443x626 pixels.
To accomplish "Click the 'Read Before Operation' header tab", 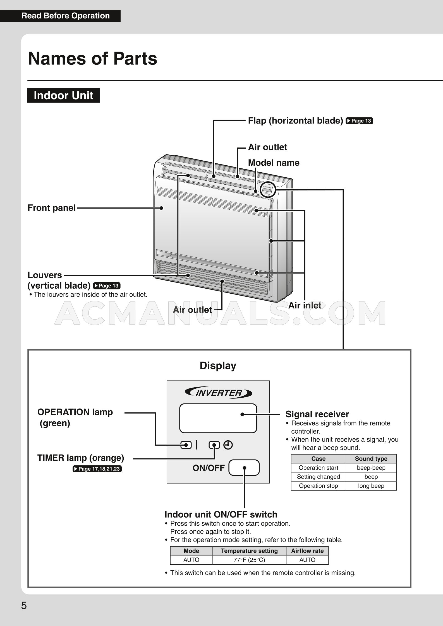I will [65, 16].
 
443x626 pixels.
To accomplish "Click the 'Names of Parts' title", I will [92, 59].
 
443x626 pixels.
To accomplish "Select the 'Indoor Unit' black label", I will [63, 95].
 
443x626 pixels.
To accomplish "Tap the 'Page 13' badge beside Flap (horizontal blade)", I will [359, 121].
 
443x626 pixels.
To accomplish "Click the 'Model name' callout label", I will [274, 163].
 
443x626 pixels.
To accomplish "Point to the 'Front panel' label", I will [51, 208].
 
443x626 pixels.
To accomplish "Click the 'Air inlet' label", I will [305, 305].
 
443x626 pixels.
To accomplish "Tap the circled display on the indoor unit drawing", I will [268, 190].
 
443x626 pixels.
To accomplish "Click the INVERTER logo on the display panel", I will [218, 393].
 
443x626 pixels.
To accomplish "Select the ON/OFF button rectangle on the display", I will [244, 468].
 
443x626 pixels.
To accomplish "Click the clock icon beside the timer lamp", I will [228, 445].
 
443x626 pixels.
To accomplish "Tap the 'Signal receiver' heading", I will [317, 414].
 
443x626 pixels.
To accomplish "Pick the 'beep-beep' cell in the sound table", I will [371, 468].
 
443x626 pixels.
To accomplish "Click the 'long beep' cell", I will [371, 485].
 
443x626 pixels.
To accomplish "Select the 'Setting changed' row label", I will [318, 477].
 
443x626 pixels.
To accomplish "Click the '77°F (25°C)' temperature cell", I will [249, 560].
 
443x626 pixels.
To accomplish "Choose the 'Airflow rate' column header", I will [307, 551].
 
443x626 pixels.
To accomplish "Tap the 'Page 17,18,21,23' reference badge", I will [97, 469].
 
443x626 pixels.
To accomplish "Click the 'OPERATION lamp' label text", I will [75, 412].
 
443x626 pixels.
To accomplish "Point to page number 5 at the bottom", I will [24, 606].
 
